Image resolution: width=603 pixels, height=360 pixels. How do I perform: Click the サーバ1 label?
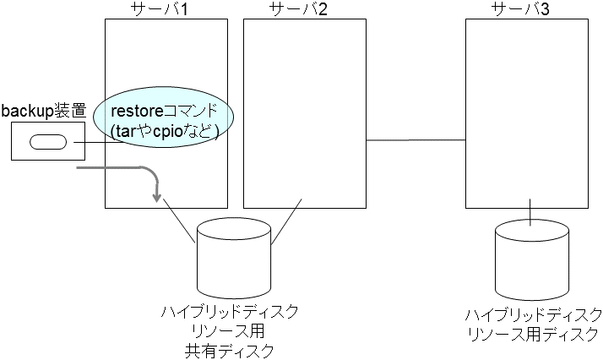coord(166,9)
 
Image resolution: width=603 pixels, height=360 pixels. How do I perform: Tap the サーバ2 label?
coord(303,9)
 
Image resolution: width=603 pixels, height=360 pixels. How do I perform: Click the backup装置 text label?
coord(43,111)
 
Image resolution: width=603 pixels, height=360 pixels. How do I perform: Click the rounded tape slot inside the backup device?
coord(47,142)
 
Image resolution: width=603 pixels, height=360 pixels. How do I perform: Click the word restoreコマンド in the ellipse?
coord(166,111)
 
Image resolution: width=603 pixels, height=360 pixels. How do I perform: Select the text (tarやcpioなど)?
coord(166,131)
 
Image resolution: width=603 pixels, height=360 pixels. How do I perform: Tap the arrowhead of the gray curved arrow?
coord(156,198)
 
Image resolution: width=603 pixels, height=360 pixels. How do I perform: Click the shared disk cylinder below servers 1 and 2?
coord(233,254)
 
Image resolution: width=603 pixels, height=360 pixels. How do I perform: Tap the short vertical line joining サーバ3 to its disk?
coord(530,212)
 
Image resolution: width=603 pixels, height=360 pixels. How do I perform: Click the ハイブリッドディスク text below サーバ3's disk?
coord(533,315)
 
